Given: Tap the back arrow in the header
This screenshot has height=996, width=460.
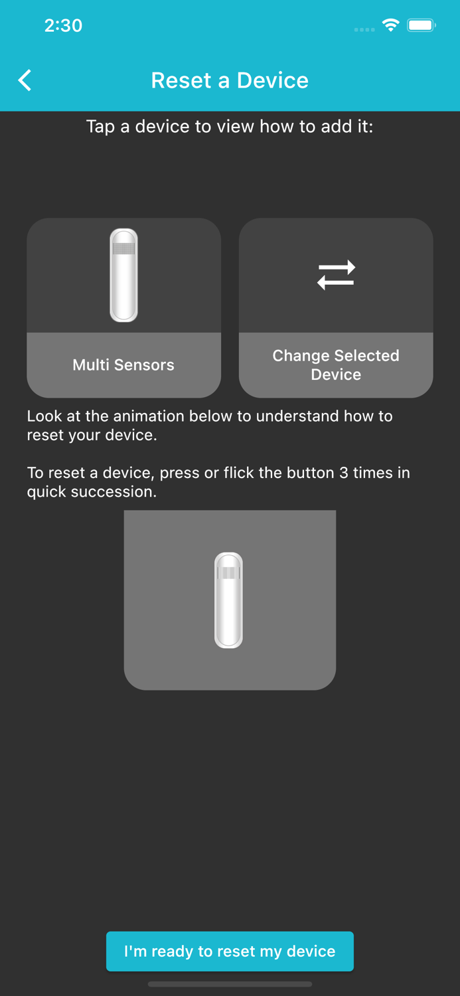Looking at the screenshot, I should [25, 80].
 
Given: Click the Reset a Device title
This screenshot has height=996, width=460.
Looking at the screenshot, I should [230, 80].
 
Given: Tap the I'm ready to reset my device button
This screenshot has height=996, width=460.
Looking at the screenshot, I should [230, 951].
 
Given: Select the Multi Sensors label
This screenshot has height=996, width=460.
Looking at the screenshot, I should [123, 365].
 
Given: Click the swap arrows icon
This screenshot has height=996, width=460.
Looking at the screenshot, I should [336, 275].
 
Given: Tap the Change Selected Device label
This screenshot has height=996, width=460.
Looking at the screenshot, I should [336, 365].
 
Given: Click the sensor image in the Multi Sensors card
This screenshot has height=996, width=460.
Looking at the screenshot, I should [123, 275].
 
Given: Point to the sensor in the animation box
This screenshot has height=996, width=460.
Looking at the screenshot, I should [228, 600].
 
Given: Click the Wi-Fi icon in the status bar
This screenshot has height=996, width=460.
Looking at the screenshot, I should [390, 25].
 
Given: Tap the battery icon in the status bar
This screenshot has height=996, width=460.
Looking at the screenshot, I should [421, 25].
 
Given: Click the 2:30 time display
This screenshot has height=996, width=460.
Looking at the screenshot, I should [63, 25].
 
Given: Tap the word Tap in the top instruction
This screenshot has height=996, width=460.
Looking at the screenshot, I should [100, 126].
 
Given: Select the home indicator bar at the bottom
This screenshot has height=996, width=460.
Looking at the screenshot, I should [230, 984].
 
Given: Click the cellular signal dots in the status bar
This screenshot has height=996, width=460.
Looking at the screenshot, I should [364, 29].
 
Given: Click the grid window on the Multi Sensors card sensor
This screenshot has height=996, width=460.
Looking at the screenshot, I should [123, 249].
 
